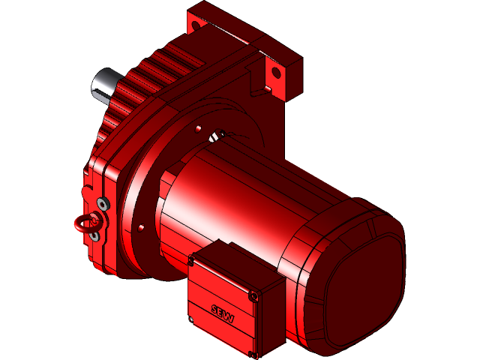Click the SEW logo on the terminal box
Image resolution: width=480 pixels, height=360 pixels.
[222, 314]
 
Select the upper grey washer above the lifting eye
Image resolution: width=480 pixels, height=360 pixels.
[102, 204]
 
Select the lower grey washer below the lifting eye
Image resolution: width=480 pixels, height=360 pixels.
[94, 236]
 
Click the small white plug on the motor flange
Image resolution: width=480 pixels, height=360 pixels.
[217, 136]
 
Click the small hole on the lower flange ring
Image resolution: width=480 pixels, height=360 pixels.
[139, 226]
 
